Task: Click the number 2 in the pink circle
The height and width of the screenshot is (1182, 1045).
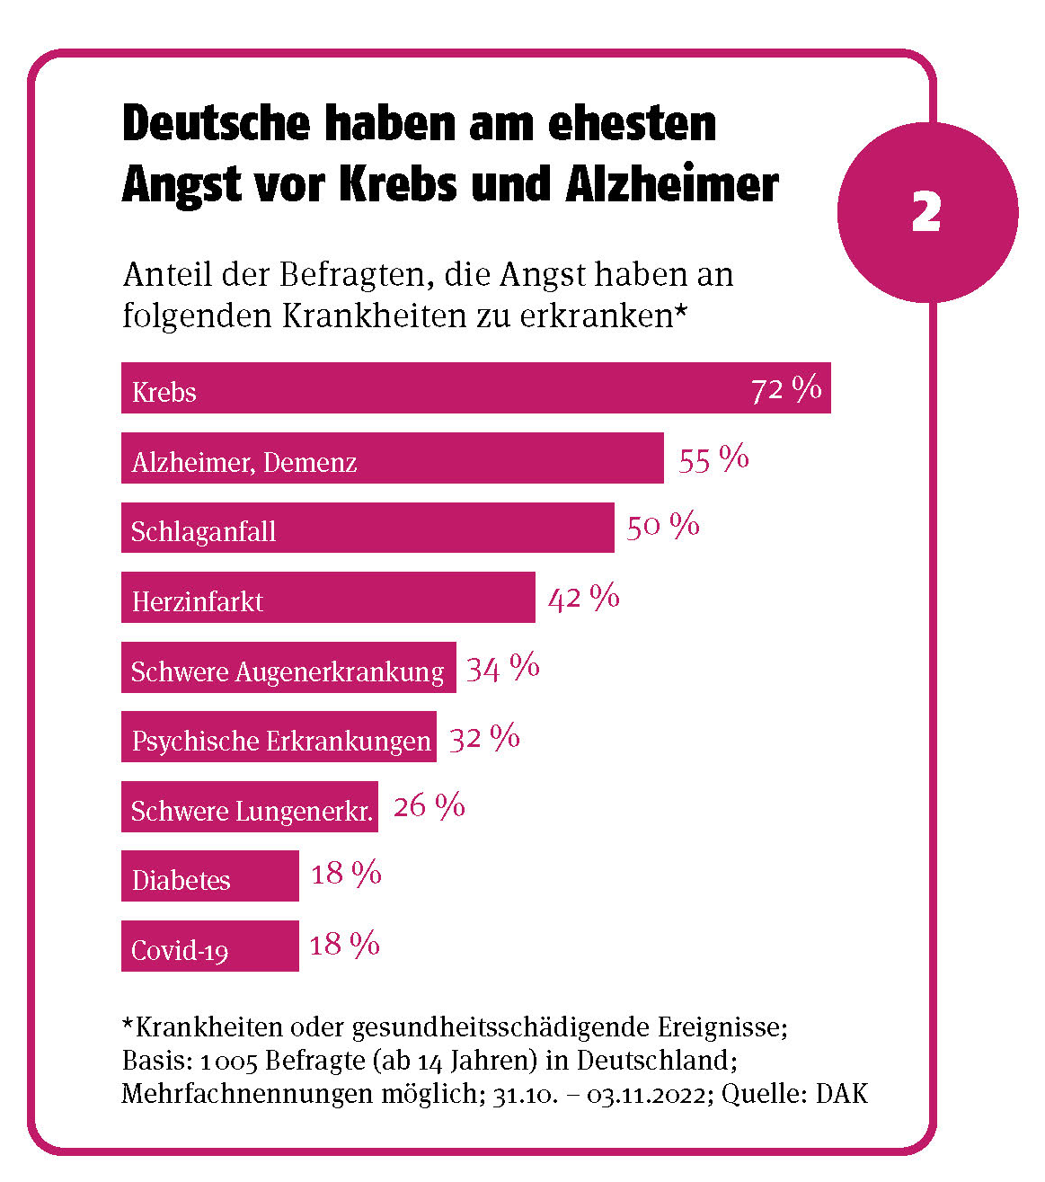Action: point(925,213)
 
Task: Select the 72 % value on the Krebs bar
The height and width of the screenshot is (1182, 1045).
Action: point(786,389)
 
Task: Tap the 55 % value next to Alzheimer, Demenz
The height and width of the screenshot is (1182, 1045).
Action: point(713,459)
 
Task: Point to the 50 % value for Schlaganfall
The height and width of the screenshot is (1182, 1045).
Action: point(663,526)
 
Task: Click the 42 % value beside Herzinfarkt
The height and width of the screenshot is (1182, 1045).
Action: point(584,598)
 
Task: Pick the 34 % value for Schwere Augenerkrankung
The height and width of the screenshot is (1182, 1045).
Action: point(503,668)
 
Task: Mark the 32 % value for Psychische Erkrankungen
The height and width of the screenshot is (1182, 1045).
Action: point(484,738)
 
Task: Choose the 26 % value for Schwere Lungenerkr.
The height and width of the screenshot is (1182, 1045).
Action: point(430,806)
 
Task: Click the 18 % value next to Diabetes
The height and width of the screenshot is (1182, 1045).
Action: point(346,874)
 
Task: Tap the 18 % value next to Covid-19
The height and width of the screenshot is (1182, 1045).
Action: point(345,945)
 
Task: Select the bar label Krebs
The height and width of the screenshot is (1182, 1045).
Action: point(164,393)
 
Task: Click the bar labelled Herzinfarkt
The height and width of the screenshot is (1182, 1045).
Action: point(328,598)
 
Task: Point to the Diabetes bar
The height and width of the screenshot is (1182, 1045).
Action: point(210,876)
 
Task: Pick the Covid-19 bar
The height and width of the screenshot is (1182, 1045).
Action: point(210,946)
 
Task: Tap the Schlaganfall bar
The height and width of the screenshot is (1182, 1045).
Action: point(368,529)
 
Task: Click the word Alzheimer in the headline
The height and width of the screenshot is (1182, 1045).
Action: point(672,184)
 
